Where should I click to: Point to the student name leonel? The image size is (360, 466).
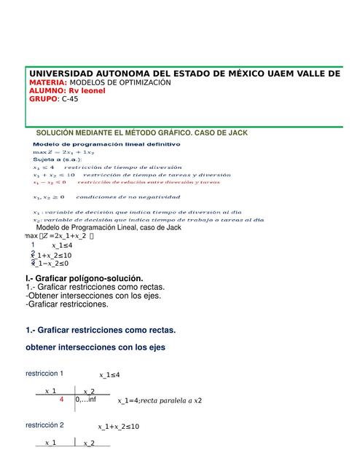[x=93, y=91]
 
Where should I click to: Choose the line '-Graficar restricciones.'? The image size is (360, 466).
[x=71, y=304]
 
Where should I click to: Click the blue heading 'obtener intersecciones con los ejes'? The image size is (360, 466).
[x=95, y=348]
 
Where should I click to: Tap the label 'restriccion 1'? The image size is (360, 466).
[x=44, y=374]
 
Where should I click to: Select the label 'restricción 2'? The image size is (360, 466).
[x=44, y=425]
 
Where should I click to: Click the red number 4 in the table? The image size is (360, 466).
[x=62, y=400]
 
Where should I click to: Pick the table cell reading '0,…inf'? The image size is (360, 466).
[x=86, y=400]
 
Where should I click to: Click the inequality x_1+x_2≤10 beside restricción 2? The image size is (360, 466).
[x=118, y=427]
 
